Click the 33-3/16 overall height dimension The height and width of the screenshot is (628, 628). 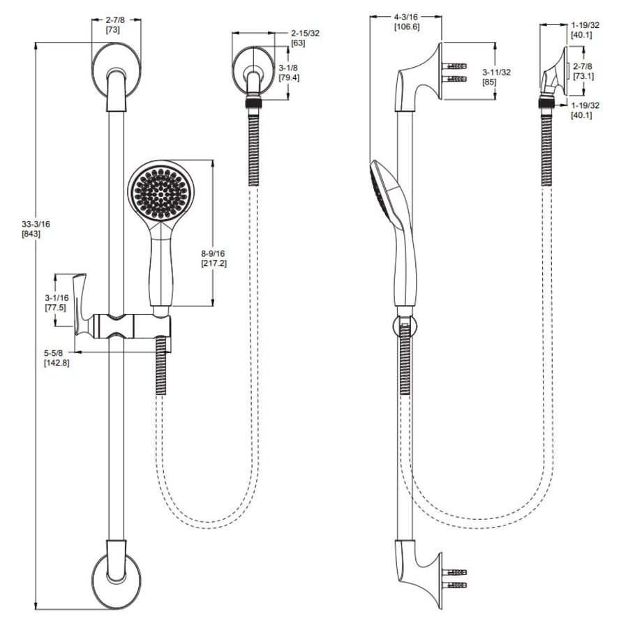pyautogui.click(x=36, y=224)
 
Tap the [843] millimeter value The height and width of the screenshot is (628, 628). pyautogui.click(x=31, y=234)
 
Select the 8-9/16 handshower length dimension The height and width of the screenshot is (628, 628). pyautogui.click(x=213, y=253)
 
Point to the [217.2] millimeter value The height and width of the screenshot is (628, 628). pyautogui.click(x=214, y=263)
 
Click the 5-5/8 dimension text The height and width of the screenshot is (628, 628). pyautogui.click(x=53, y=353)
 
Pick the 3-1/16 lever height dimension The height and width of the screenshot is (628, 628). pyautogui.click(x=57, y=298)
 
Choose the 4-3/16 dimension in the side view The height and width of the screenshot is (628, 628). pyautogui.click(x=405, y=17)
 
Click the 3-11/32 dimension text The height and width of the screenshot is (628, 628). pyautogui.click(x=497, y=73)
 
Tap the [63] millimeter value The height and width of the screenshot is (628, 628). pyautogui.click(x=298, y=43)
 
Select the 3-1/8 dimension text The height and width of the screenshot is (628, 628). pyautogui.click(x=288, y=68)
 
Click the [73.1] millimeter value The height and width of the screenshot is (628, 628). pyautogui.click(x=583, y=76)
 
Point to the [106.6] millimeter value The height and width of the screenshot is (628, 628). pyautogui.click(x=407, y=27)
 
